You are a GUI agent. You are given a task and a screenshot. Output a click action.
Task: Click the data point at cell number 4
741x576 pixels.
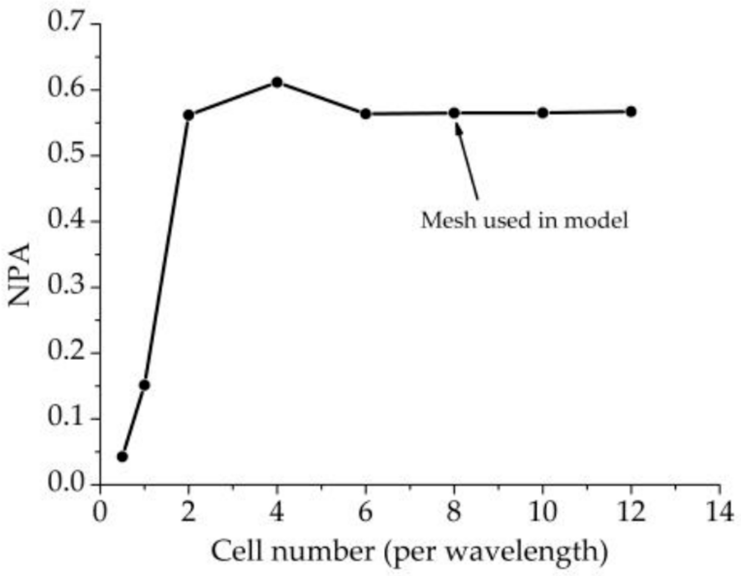[x=277, y=82]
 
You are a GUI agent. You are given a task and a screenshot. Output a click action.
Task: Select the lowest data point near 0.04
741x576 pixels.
[x=122, y=457]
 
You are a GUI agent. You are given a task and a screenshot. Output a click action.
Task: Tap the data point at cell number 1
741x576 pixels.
[x=145, y=385]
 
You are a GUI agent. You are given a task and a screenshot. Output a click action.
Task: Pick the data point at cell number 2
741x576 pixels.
[x=189, y=115]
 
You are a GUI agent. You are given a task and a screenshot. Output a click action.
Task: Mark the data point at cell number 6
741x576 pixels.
[x=365, y=114]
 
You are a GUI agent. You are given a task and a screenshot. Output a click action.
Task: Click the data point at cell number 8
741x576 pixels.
[x=454, y=113]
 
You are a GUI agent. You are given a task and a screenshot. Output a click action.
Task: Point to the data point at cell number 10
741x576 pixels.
[x=543, y=113]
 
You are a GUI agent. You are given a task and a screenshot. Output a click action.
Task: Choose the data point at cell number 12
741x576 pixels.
[x=631, y=112]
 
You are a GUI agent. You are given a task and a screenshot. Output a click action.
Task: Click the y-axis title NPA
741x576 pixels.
[x=20, y=274]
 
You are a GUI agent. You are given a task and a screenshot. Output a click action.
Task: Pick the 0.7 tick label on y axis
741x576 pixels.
[x=64, y=22]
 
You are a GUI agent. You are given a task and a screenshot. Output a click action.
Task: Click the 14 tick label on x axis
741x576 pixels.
[x=719, y=512]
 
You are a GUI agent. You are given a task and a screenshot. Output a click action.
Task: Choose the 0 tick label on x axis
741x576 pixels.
[x=100, y=512]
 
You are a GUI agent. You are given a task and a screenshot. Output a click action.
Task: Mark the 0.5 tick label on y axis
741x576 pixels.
[x=64, y=154]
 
